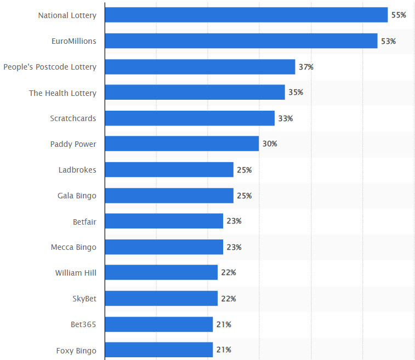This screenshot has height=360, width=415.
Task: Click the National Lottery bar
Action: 246,15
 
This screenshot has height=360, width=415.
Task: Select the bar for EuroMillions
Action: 241,41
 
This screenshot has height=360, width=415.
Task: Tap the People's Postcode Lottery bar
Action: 200,67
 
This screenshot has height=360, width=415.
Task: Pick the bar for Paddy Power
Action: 181,144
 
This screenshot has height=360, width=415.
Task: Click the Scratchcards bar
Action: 189,118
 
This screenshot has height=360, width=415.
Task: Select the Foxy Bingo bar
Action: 158,350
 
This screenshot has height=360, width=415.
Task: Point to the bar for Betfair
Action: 164,221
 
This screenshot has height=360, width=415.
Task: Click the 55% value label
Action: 399,15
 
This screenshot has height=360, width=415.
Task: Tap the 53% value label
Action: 388,41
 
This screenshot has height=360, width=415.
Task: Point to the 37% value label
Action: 306,67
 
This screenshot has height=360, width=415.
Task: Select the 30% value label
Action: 270,144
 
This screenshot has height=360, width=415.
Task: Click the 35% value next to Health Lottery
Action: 295,93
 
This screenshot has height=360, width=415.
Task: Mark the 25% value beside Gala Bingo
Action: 244,196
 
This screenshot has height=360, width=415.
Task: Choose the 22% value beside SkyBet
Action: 229,299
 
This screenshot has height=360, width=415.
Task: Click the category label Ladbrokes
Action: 77,170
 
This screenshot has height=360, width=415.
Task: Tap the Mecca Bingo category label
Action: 73,247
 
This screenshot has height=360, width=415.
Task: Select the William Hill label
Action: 76,273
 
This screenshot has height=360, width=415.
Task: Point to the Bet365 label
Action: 83,324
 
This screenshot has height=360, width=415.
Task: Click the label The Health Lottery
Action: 62,93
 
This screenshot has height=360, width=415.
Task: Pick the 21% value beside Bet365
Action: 224,324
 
